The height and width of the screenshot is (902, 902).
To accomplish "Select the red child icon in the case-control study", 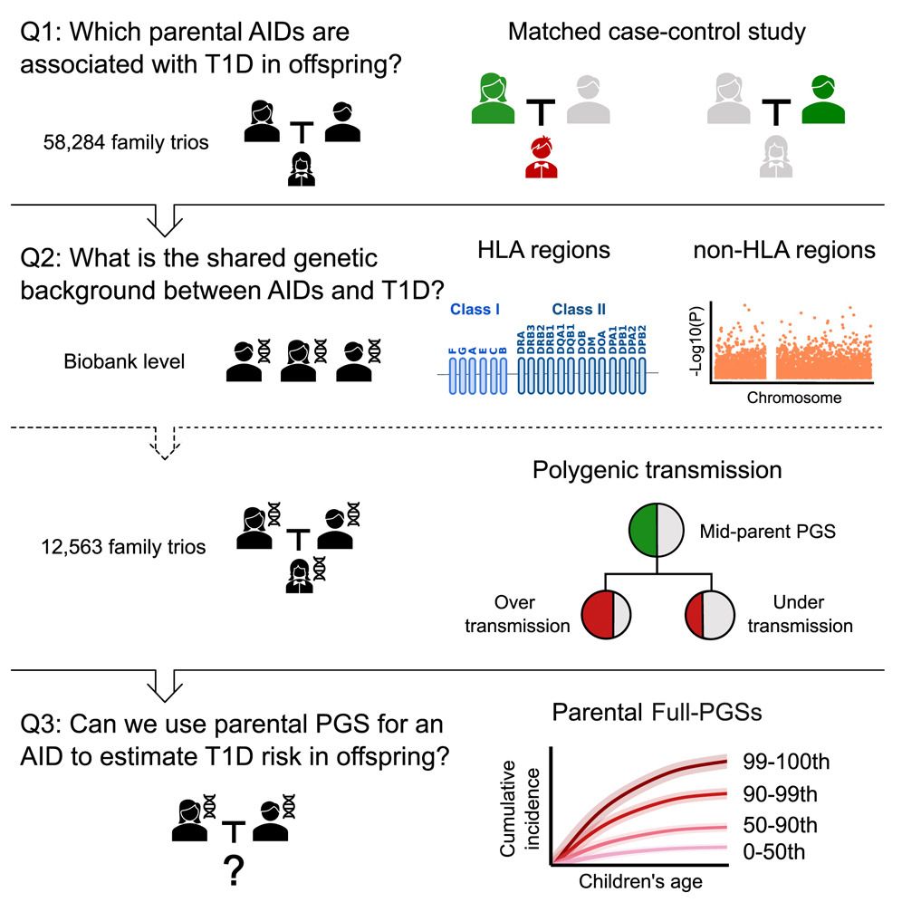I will coord(542,157).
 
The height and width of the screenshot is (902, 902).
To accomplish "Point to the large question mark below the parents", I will coord(235,874).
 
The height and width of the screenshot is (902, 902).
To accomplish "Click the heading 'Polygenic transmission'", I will coord(657,470).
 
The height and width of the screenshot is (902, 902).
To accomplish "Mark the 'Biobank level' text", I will coord(125,362).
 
